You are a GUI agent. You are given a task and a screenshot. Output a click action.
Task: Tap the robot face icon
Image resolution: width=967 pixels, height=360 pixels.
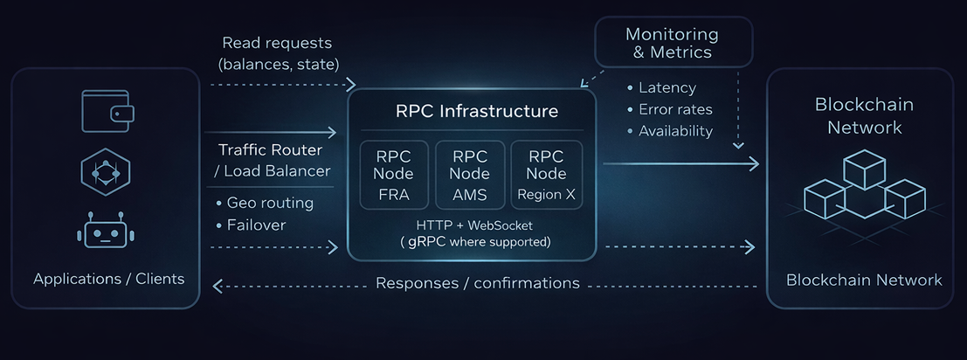[105, 232]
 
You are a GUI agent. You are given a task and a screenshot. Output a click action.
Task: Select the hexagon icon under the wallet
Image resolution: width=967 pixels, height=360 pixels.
[105, 172]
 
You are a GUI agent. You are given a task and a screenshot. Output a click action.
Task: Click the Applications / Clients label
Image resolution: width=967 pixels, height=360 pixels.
[109, 280]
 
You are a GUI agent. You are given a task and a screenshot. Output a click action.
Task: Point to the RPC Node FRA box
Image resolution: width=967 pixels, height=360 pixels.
[393, 175]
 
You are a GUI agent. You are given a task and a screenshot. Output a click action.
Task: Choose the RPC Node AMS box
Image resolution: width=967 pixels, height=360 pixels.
[470, 175]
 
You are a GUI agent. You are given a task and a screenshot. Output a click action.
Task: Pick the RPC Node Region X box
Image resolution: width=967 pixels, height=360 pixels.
[545, 175]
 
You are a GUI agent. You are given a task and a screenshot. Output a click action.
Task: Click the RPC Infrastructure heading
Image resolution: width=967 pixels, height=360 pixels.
[472, 112]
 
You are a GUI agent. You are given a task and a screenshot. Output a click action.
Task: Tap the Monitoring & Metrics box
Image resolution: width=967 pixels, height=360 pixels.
[672, 43]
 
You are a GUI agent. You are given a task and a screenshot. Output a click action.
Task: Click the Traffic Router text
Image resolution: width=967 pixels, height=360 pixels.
[270, 150]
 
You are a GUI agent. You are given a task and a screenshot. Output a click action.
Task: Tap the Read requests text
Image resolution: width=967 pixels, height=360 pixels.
[277, 43]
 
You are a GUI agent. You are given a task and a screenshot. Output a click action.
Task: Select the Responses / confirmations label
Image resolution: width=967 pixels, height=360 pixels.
[477, 283]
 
